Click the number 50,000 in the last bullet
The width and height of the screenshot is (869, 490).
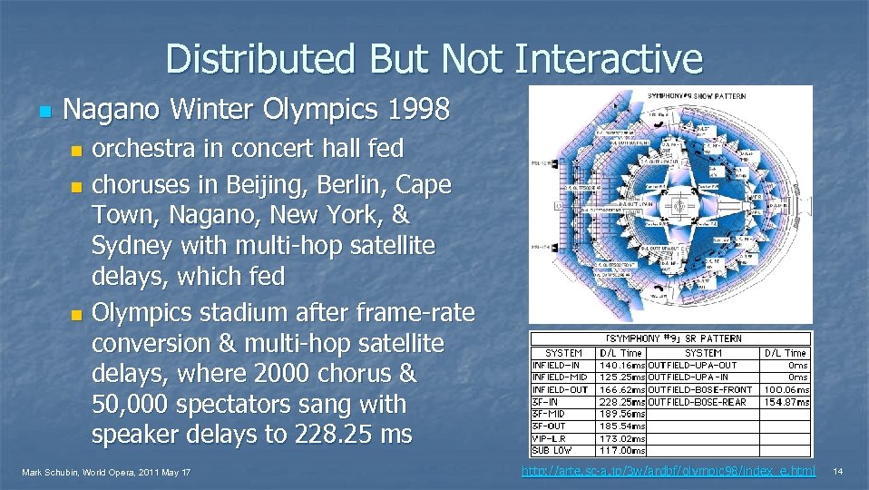click(x=138, y=404)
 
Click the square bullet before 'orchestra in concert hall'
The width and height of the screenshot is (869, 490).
click(x=76, y=150)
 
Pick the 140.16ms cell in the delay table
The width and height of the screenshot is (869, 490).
click(x=621, y=366)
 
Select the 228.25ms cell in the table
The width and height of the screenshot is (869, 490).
click(x=621, y=402)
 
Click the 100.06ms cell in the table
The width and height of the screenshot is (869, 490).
click(x=786, y=390)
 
